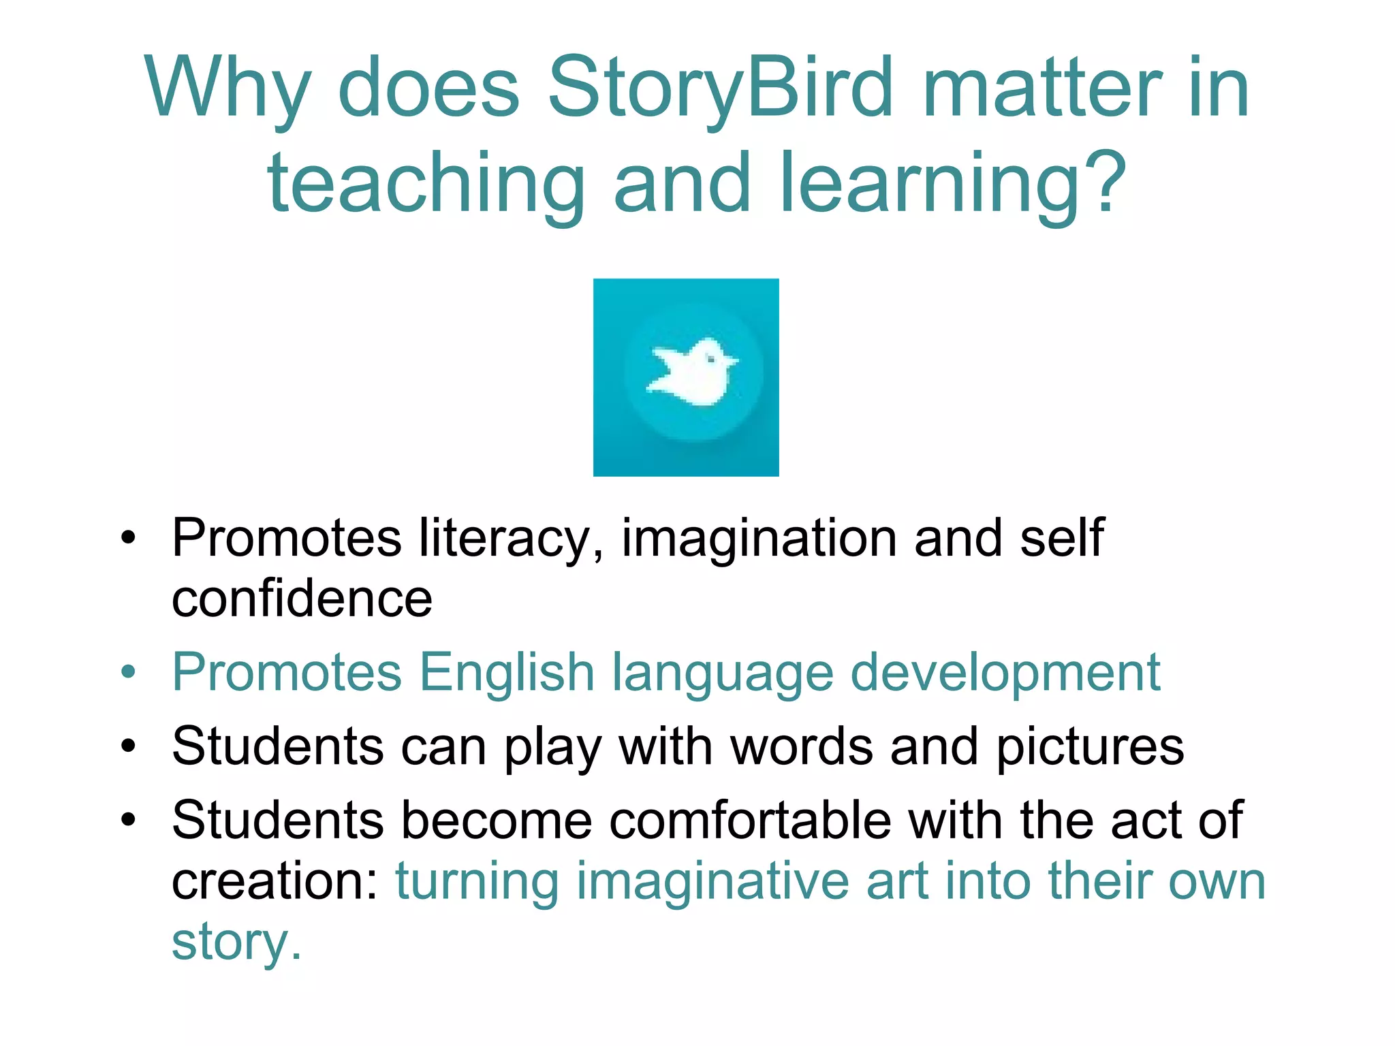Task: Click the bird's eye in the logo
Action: [711, 357]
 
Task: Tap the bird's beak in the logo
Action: [732, 361]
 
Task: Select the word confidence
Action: [302, 599]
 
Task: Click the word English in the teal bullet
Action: [507, 673]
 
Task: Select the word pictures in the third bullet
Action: [1090, 748]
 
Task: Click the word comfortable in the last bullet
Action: [750, 820]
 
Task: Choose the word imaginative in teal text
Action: [712, 881]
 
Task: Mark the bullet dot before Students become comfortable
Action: [128, 820]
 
